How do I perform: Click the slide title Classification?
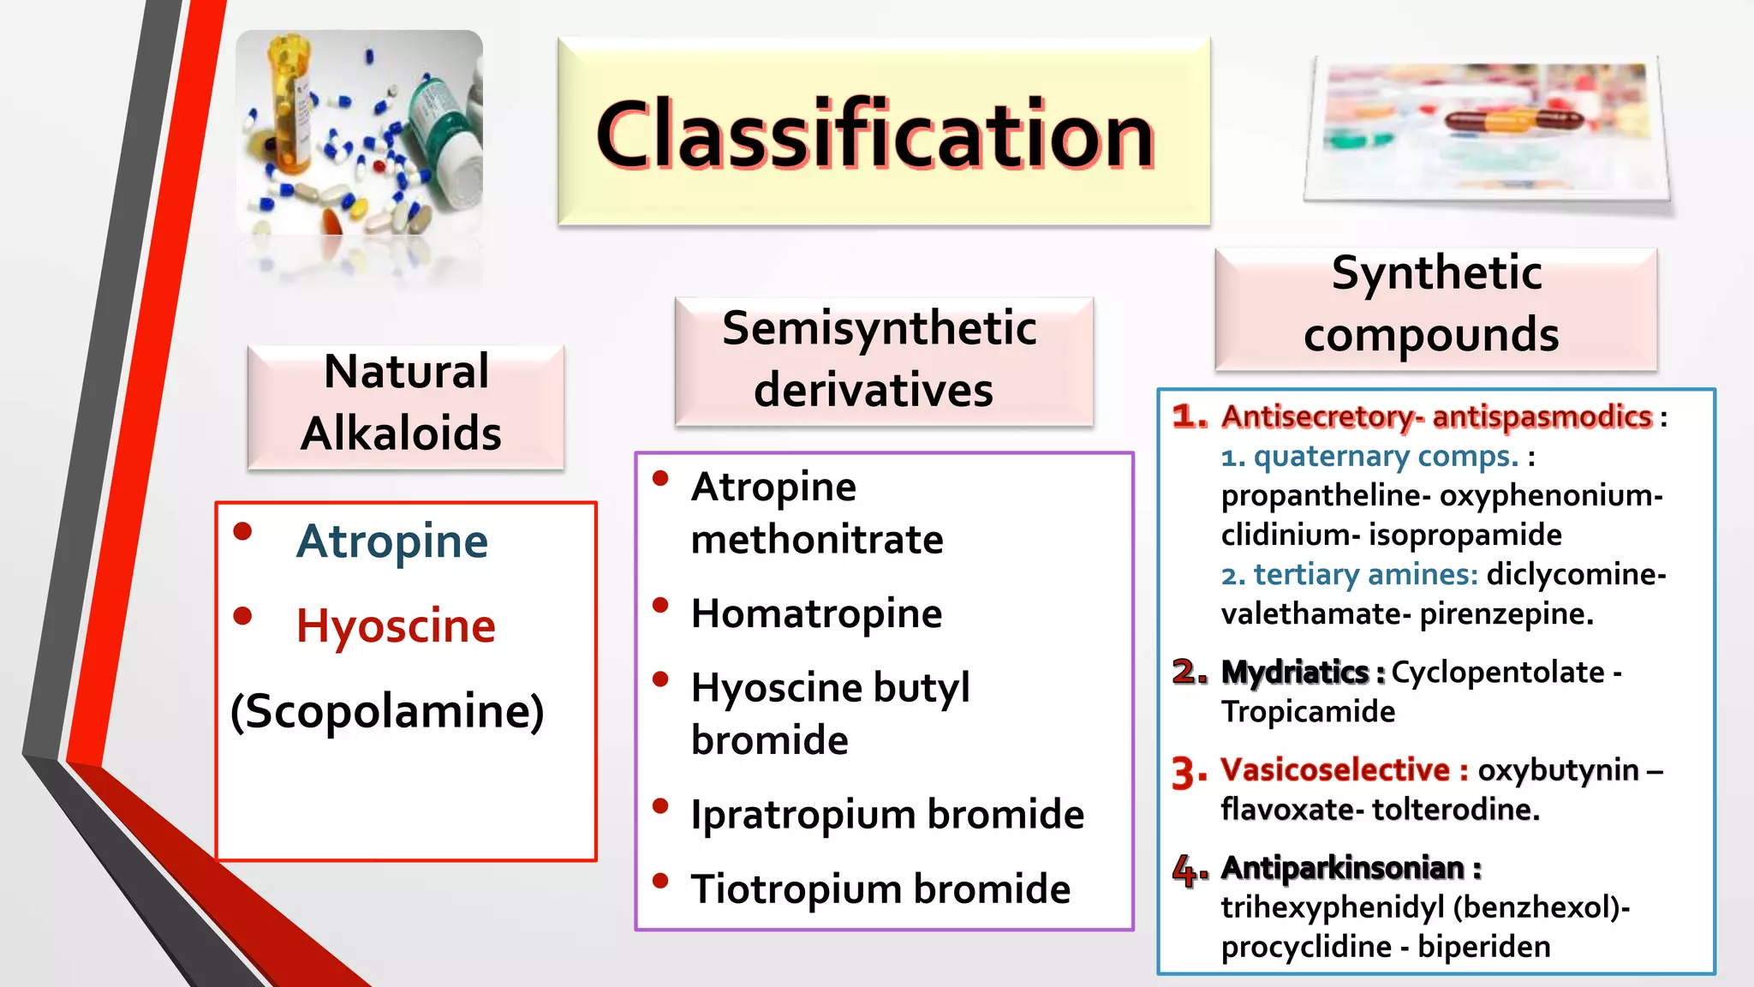875,135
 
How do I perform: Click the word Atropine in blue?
392,541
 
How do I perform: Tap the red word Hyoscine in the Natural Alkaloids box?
396,625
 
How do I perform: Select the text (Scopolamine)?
387,711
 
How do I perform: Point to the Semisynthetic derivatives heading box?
883,360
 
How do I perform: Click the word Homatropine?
816,613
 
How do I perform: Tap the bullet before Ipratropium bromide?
659,806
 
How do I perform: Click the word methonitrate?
816,540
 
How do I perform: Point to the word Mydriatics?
1294,673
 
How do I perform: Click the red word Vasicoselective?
1335,770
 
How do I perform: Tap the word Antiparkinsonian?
1342,868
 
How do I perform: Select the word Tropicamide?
1308,712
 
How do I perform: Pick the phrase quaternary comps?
1386,457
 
